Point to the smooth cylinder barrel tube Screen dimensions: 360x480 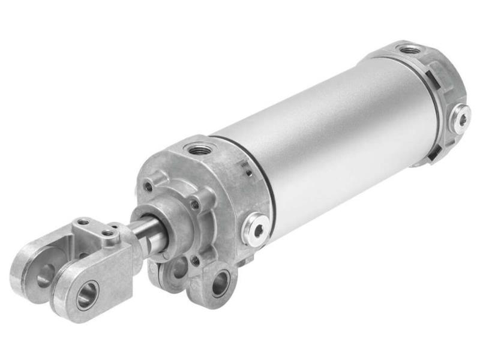click(336, 132)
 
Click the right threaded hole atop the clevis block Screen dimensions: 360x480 click(109, 233)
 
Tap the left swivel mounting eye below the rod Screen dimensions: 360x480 click(178, 271)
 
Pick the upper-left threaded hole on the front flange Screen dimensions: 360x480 click(148, 187)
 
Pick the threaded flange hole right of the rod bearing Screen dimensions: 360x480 click(194, 205)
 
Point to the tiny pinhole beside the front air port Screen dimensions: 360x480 click(247, 173)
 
